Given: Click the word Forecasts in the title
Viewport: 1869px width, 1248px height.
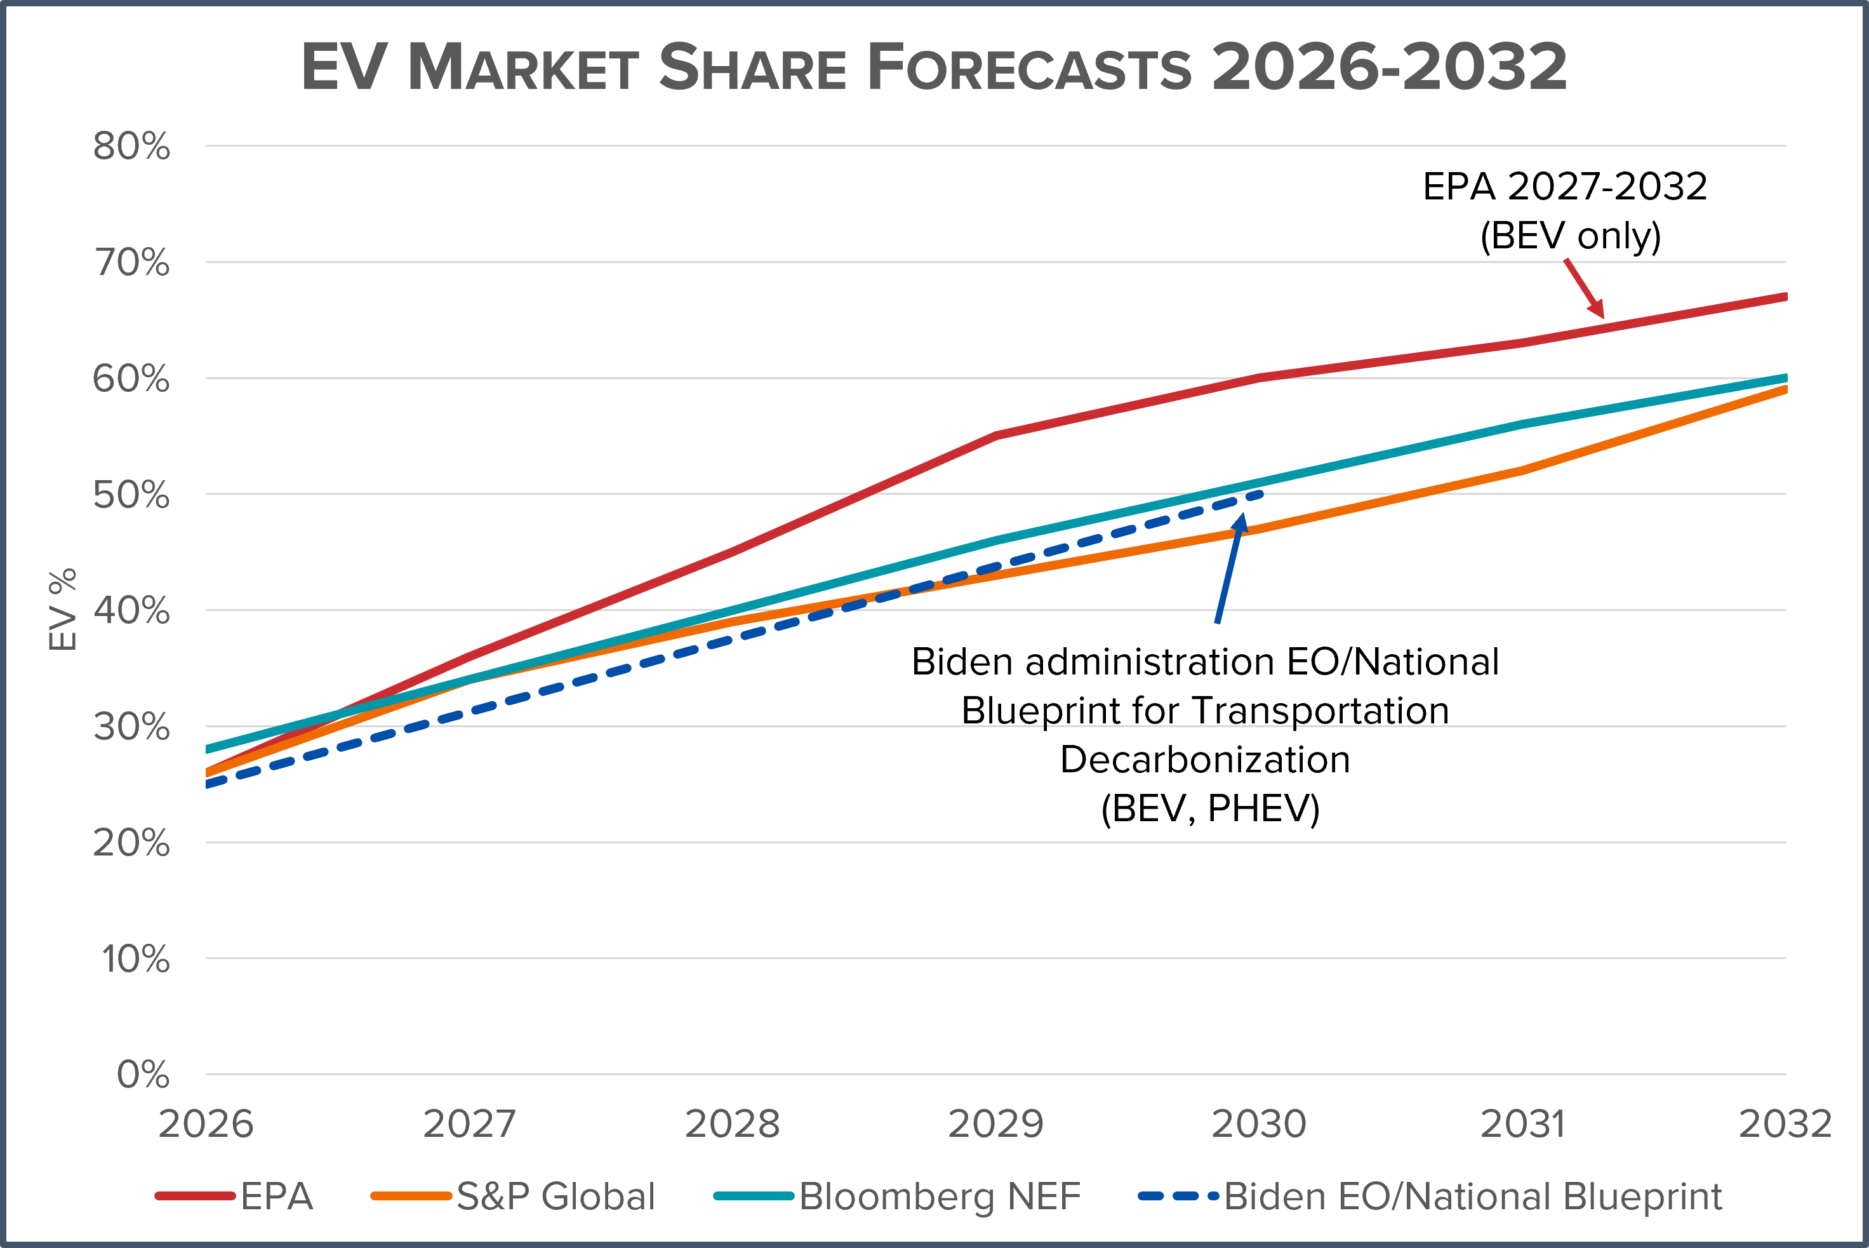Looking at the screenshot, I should click(x=1028, y=68).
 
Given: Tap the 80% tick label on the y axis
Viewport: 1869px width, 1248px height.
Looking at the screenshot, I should click(x=131, y=147).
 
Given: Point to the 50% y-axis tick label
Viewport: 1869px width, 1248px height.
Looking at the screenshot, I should click(x=131, y=495).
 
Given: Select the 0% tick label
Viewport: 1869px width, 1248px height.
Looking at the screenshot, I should click(x=143, y=1075).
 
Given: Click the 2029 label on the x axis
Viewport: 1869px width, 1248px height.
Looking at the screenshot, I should click(x=995, y=1124).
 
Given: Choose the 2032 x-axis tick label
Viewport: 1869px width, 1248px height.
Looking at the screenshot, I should click(x=1785, y=1124).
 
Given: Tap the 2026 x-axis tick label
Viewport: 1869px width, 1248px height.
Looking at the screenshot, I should click(x=205, y=1124).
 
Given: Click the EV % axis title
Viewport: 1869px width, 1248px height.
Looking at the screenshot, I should click(x=63, y=610).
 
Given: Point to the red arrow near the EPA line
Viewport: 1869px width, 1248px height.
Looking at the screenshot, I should click(x=1584, y=288).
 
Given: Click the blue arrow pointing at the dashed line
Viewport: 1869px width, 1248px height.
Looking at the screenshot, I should click(x=1229, y=568).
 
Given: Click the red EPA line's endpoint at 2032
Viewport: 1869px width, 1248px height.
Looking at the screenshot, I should click(x=1785, y=297).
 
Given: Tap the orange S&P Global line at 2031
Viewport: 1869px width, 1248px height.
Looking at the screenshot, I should click(x=1522, y=471).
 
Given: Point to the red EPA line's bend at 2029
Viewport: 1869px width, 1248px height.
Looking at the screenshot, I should click(x=995, y=435).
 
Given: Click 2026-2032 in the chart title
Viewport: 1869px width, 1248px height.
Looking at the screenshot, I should click(x=1389, y=68).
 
